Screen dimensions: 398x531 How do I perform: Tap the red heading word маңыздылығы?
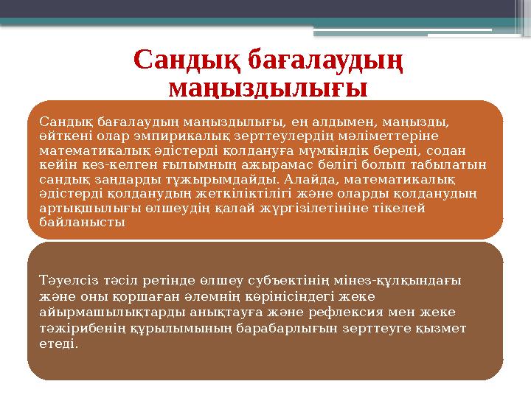(268, 90)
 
